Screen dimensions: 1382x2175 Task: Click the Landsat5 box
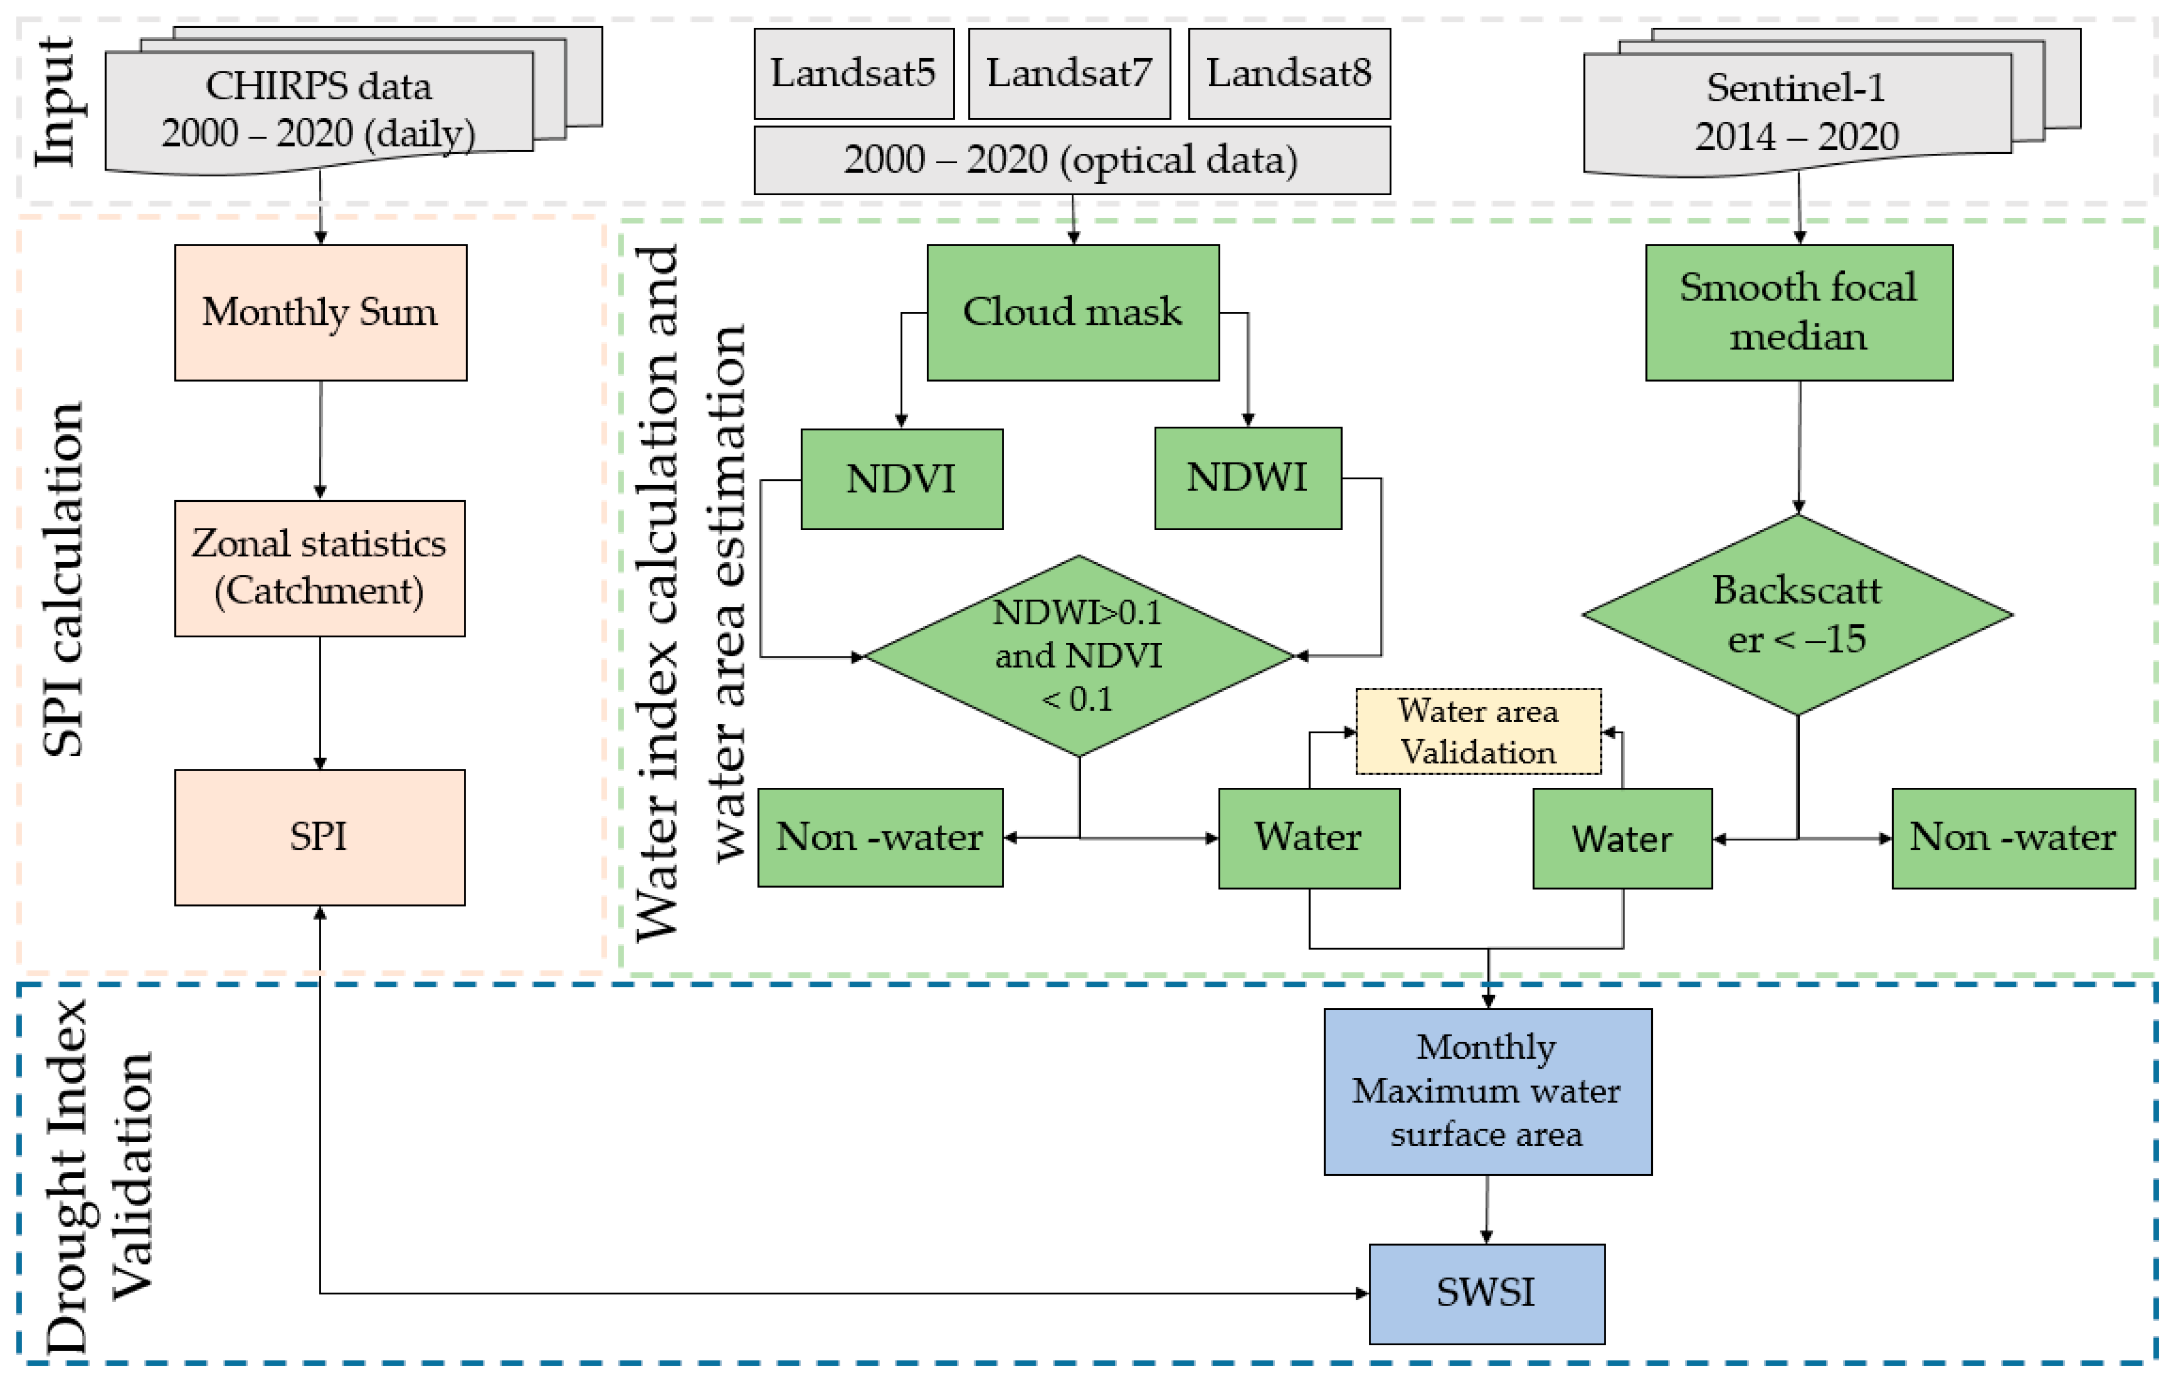pos(853,73)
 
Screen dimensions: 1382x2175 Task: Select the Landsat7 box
pos(1070,73)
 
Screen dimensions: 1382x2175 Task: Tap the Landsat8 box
pos(1289,73)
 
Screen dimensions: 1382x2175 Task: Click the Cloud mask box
pos(1073,312)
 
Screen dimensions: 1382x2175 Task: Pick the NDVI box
pos(901,479)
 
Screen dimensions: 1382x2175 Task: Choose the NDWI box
pos(1248,478)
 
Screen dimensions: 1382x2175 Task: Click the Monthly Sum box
pos(321,312)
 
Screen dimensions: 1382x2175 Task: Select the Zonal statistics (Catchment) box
pos(320,568)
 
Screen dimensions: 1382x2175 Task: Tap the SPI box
pos(320,837)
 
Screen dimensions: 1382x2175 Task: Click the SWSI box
pos(1487,1293)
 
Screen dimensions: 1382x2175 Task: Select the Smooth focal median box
pos(1798,312)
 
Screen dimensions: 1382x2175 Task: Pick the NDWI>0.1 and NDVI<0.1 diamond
pos(1079,656)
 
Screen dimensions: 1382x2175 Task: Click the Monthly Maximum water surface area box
pos(1487,1091)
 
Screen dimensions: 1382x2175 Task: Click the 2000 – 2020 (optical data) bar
pos(1072,160)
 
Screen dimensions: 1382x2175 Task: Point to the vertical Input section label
pos(56,101)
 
